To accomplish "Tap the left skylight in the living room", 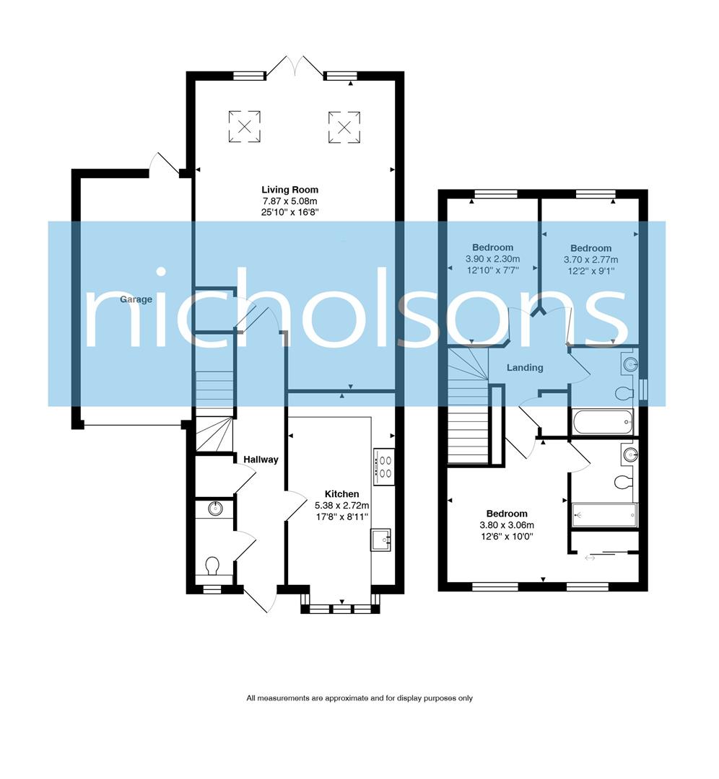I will [x=245, y=127].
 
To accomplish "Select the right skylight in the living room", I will [x=344, y=127].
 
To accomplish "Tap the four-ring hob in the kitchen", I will [x=383, y=465].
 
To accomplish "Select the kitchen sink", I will [x=381, y=539].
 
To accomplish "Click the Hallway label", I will [x=261, y=459].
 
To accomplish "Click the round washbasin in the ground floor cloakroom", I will [x=214, y=509].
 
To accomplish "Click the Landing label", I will [x=525, y=367].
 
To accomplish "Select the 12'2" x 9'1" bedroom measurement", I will [x=591, y=271].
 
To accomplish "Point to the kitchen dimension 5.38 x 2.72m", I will [x=342, y=506].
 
